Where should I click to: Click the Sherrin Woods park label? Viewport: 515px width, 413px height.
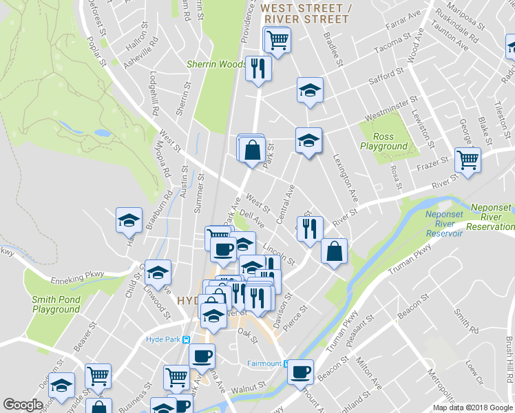(x=217, y=64)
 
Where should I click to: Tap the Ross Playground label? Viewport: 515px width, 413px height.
(x=383, y=142)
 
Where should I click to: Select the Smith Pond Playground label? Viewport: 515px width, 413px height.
(x=56, y=304)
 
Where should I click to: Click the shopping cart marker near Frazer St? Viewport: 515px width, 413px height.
(x=467, y=160)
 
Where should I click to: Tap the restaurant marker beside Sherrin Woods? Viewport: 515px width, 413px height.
(x=258, y=68)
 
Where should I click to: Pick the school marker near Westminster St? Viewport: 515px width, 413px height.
(x=310, y=89)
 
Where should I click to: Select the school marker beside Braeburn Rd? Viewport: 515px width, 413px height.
(x=129, y=220)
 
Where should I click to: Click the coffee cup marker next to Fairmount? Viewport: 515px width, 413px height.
(x=299, y=372)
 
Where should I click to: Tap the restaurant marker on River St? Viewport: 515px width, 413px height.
(x=310, y=227)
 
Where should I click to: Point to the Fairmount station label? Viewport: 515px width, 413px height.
(x=264, y=363)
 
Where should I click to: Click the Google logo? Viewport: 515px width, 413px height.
(x=23, y=405)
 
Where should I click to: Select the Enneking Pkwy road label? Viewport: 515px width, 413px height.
(x=76, y=276)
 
